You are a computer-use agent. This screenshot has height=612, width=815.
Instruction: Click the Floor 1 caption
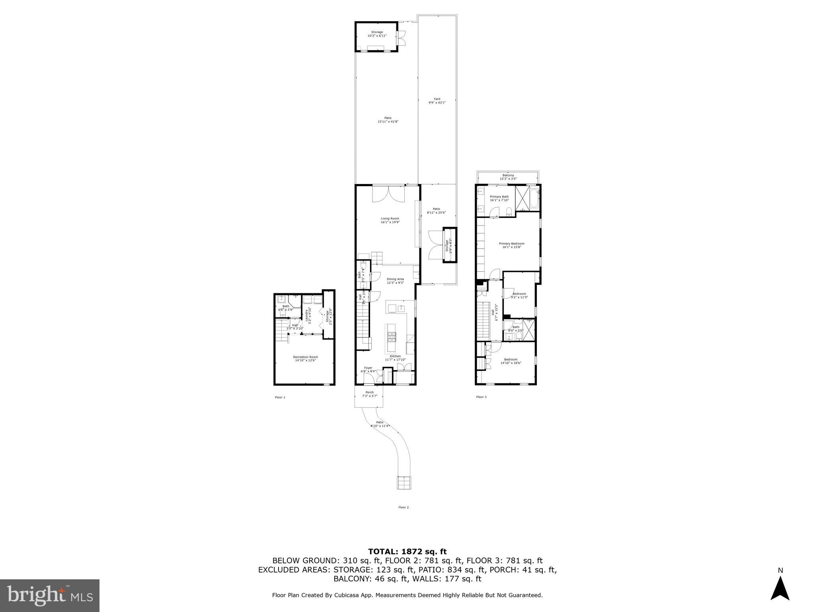280,397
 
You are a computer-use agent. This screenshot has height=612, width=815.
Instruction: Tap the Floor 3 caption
481,397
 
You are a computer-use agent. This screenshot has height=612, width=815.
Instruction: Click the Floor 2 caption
403,507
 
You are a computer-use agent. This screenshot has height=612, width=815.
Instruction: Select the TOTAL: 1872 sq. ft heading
407,551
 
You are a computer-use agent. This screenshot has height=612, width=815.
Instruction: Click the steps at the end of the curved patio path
403,483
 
